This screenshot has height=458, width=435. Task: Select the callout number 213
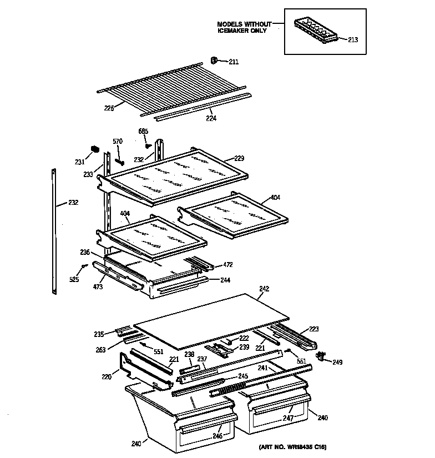point(353,39)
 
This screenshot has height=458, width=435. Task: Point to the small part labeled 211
point(214,60)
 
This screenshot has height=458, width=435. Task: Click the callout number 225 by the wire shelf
point(109,108)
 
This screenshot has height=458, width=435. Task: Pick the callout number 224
point(211,118)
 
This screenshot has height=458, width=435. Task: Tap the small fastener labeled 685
point(148,146)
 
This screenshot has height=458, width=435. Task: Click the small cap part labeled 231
point(94,149)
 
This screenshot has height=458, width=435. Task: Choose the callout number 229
point(239,158)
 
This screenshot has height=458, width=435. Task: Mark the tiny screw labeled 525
point(83,267)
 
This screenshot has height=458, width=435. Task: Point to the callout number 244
point(225,280)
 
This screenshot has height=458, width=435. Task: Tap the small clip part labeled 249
point(320,354)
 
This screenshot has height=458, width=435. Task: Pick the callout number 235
point(99,334)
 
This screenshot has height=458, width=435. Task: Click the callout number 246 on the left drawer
point(217,436)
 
